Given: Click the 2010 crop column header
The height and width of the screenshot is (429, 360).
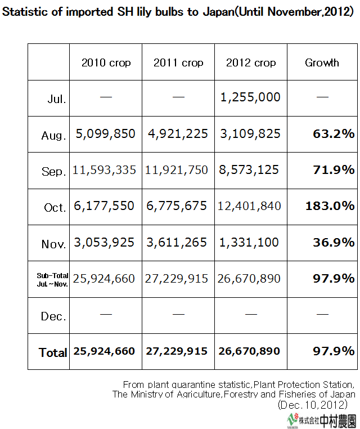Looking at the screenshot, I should point(106,62).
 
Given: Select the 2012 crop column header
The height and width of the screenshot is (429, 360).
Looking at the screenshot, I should point(251,62).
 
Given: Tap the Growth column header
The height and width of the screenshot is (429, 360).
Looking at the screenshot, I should point(322,62).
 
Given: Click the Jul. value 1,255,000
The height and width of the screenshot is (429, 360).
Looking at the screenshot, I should point(250,97).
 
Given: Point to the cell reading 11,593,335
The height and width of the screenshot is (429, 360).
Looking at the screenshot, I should point(105,169).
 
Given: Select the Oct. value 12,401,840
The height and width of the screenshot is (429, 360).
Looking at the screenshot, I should point(251,206).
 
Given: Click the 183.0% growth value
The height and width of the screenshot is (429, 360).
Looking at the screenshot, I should point(330,206).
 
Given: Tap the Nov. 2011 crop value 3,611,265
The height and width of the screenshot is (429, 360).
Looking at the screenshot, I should point(178,242).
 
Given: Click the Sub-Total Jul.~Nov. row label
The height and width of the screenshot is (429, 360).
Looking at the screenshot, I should point(52,279).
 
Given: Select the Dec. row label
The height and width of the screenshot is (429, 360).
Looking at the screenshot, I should point(53,316).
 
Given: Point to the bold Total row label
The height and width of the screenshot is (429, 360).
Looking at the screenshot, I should point(53,352).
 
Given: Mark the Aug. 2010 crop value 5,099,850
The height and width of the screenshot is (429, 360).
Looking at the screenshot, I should point(105,133).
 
